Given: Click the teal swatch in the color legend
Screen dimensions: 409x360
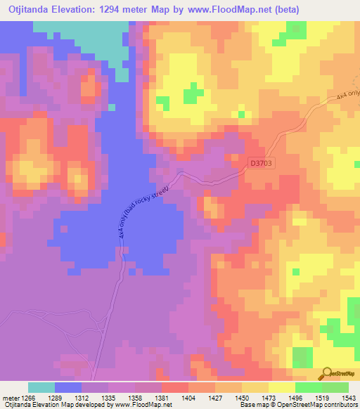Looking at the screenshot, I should tap(41, 387).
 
